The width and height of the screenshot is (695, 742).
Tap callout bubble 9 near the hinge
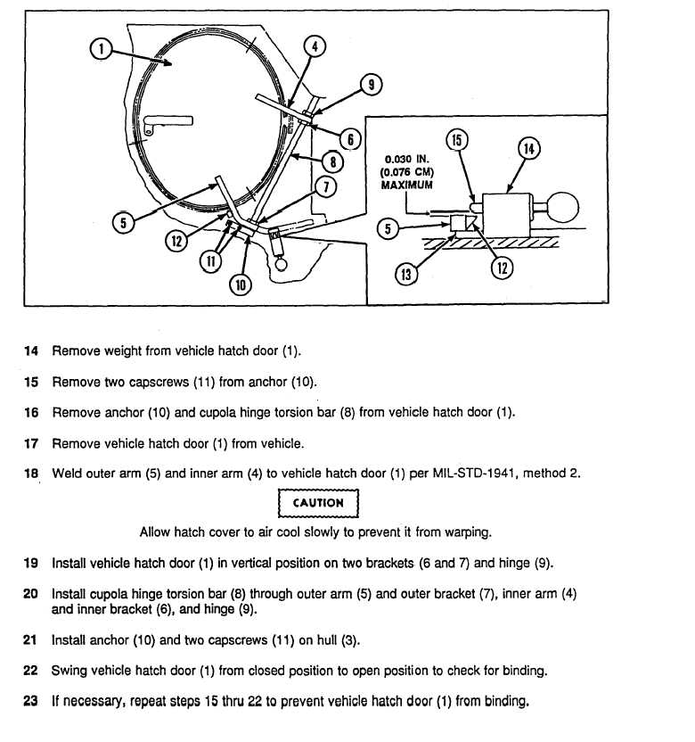tap(371, 85)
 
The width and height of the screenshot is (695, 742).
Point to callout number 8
tap(331, 162)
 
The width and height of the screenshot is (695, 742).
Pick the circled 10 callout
tap(241, 285)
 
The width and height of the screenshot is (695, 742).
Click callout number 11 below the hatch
tap(211, 262)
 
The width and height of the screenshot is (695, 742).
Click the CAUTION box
tap(318, 503)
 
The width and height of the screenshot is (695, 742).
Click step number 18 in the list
tap(31, 474)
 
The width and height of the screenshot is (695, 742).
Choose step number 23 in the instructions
tap(31, 701)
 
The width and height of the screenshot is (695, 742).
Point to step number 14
tap(31, 352)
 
